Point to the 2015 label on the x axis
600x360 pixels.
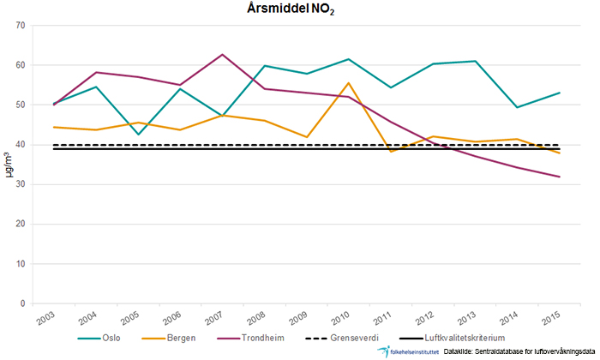pos(570,317)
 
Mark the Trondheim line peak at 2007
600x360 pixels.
pos(223,55)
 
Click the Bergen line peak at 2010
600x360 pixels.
pos(349,83)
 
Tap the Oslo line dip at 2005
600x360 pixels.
pos(135,135)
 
